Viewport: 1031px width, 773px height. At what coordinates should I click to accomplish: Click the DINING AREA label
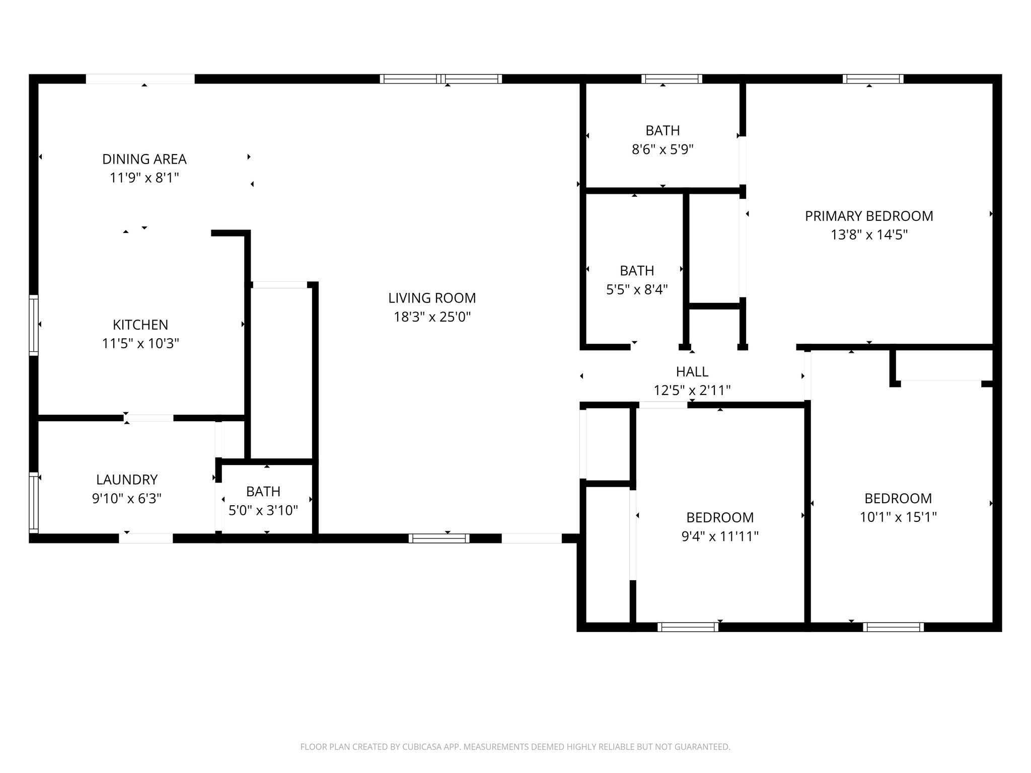pos(144,159)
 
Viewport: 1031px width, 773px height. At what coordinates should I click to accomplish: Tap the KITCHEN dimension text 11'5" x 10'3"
pos(140,344)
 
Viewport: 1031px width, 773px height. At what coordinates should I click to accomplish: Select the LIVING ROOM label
pos(432,298)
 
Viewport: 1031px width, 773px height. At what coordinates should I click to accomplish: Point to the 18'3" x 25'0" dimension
pos(432,317)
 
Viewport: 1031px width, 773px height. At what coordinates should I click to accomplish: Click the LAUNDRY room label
pos(127,480)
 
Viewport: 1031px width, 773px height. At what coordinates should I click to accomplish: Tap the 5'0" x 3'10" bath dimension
pos(263,511)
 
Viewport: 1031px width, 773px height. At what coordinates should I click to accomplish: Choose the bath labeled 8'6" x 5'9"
pos(662,149)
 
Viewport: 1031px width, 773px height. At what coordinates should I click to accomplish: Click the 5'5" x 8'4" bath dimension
pos(637,290)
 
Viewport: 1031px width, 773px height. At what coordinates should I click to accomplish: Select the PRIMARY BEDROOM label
pos(869,216)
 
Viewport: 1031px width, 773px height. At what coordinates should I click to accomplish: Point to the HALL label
pos(692,372)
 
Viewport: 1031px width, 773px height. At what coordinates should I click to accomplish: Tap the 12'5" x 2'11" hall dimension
pos(692,391)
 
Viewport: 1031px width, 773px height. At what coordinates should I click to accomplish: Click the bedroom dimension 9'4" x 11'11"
pos(720,536)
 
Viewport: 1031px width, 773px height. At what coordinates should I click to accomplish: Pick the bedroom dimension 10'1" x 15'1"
pos(898,517)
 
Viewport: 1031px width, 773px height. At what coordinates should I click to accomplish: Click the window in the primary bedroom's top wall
pos(873,79)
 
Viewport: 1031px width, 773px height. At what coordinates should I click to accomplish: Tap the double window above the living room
pos(441,79)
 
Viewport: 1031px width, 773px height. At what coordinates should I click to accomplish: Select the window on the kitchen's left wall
pos(34,325)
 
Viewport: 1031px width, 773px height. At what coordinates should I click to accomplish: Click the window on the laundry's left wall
pos(34,502)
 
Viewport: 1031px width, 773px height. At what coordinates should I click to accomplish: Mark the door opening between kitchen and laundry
pos(149,418)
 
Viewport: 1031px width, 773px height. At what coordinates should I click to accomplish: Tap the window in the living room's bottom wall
pos(439,538)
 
